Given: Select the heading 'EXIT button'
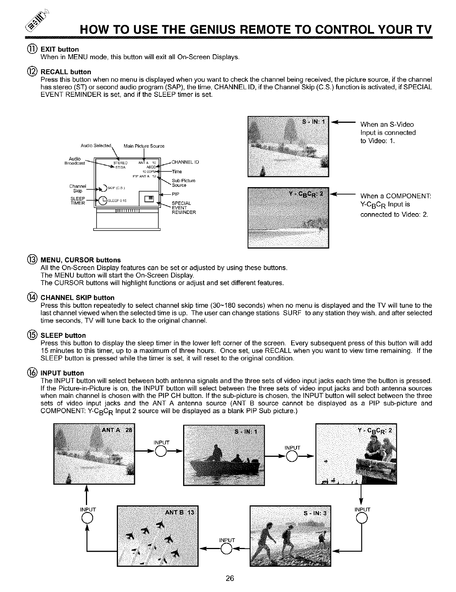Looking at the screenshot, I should click(60, 49).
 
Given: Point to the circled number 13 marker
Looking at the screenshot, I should click(32, 260).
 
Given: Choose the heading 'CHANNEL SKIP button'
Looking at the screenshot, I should click(77, 298).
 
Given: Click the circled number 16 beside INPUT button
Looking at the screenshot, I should click(32, 373).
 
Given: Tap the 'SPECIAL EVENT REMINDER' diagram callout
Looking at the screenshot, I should click(184, 208).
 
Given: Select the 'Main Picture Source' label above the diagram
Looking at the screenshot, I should click(144, 146).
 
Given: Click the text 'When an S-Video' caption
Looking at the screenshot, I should click(387, 125).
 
